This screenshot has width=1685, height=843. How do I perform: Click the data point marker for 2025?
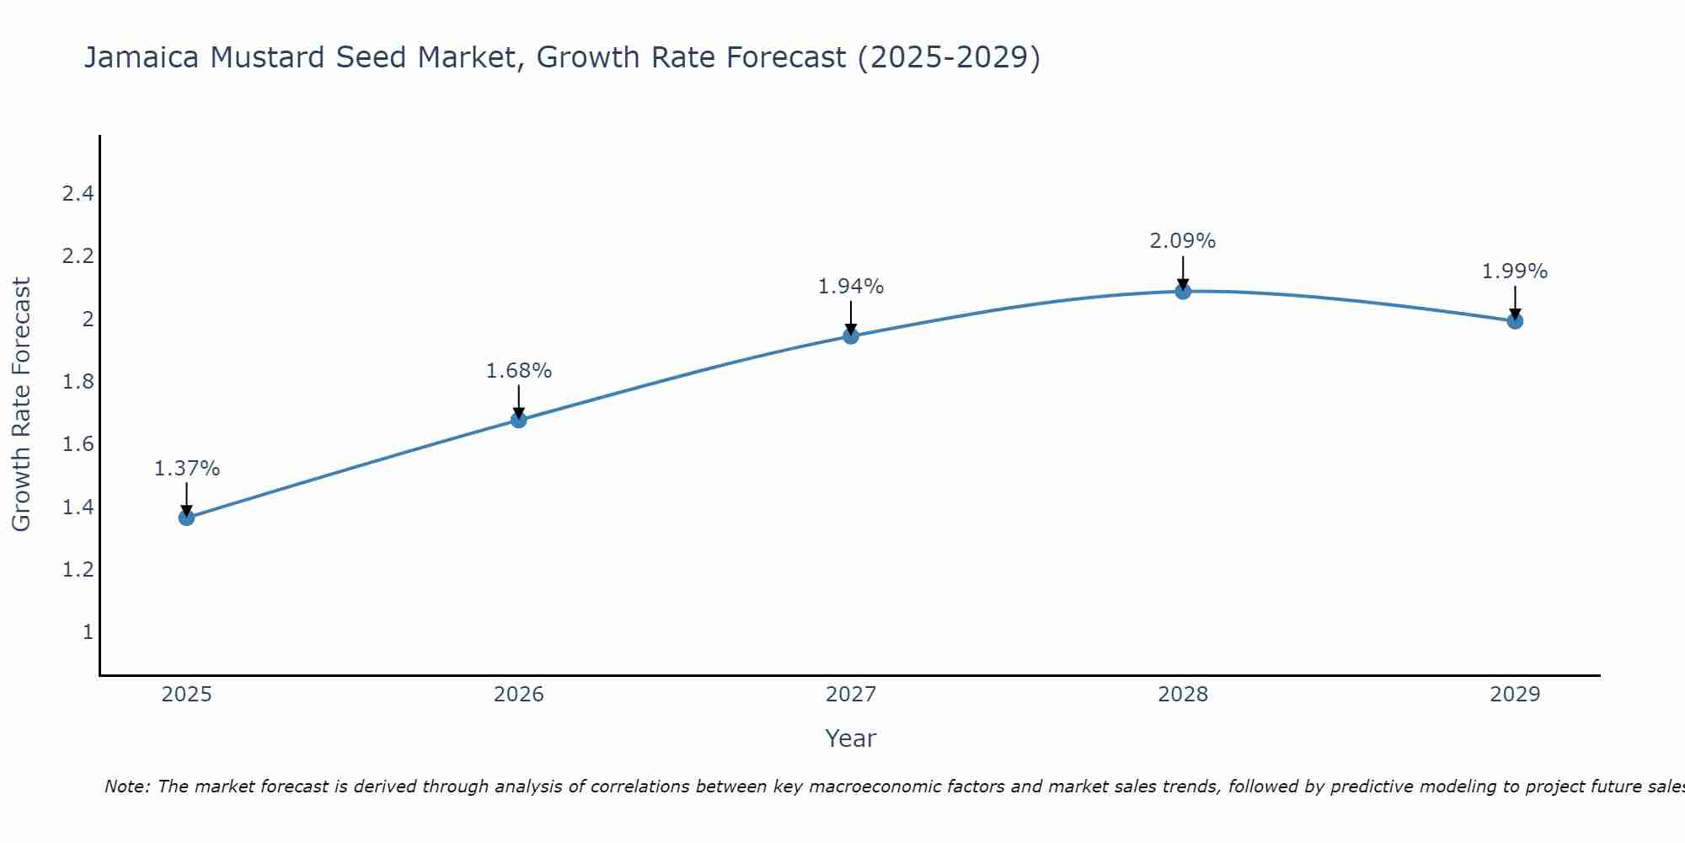[187, 518]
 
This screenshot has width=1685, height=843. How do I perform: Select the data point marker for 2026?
[519, 420]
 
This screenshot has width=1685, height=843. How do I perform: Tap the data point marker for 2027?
[851, 336]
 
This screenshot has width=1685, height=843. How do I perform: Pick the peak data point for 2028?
[1183, 292]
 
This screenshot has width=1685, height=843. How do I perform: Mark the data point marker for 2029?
[1515, 321]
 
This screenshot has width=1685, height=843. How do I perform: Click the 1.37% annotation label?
[187, 469]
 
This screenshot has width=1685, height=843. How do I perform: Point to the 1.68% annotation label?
[519, 371]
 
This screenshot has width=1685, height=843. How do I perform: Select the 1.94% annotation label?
[851, 287]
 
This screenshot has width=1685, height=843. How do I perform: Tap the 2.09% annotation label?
[1183, 241]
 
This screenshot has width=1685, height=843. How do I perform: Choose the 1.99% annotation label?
[1515, 271]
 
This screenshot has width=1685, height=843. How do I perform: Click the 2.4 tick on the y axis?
[78, 194]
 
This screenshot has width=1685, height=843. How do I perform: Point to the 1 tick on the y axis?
[88, 631]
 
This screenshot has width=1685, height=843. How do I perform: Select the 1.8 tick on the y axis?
[78, 382]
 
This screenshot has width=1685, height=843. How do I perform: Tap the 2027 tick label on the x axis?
[851, 695]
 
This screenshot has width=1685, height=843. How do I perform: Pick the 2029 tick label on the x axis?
[1515, 695]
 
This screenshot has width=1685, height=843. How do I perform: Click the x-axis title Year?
[851, 738]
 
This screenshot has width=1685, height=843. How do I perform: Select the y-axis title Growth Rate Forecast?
[21, 405]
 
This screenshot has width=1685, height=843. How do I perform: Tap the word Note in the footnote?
[126, 787]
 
